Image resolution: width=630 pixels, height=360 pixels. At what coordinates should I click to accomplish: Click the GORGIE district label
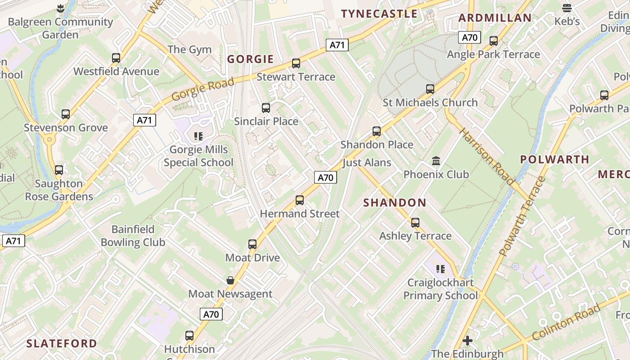tap(250, 59)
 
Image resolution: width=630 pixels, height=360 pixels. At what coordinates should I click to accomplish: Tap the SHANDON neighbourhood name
tap(395, 203)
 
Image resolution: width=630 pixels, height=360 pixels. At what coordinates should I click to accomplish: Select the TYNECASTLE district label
tap(380, 14)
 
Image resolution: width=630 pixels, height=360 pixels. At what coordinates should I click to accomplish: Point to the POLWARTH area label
tap(554, 159)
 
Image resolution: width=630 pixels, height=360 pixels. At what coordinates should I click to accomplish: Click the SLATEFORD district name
tap(62, 344)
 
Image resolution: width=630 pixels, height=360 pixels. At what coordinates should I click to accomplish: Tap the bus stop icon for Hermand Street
tap(300, 200)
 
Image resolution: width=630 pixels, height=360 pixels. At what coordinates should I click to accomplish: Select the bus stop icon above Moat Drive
tap(252, 244)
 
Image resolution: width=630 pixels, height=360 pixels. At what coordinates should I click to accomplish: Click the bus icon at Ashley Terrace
tap(415, 223)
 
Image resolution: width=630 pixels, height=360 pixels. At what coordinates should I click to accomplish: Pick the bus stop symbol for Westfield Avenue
tap(116, 58)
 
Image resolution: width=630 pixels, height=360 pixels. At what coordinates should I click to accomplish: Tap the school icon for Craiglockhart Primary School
tap(441, 269)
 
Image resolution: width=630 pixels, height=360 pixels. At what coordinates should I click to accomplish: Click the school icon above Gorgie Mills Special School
tap(198, 136)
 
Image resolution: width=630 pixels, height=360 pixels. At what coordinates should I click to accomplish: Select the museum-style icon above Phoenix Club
tap(436, 161)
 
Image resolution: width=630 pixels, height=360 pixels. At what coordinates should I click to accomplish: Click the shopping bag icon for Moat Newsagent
tap(230, 281)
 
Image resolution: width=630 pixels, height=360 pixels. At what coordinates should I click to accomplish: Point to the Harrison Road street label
tap(486, 156)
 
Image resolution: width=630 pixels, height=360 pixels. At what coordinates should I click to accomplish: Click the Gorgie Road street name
tap(203, 89)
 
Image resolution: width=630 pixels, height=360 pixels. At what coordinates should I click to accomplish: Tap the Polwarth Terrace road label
tap(522, 216)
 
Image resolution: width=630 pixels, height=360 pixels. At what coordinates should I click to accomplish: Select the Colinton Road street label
tap(566, 322)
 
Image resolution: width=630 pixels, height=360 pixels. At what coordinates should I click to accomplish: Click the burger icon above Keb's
tap(567, 8)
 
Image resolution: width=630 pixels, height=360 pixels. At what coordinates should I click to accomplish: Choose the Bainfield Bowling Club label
tap(133, 236)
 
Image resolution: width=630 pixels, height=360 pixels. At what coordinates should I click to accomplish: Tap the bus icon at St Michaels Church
tap(430, 89)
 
